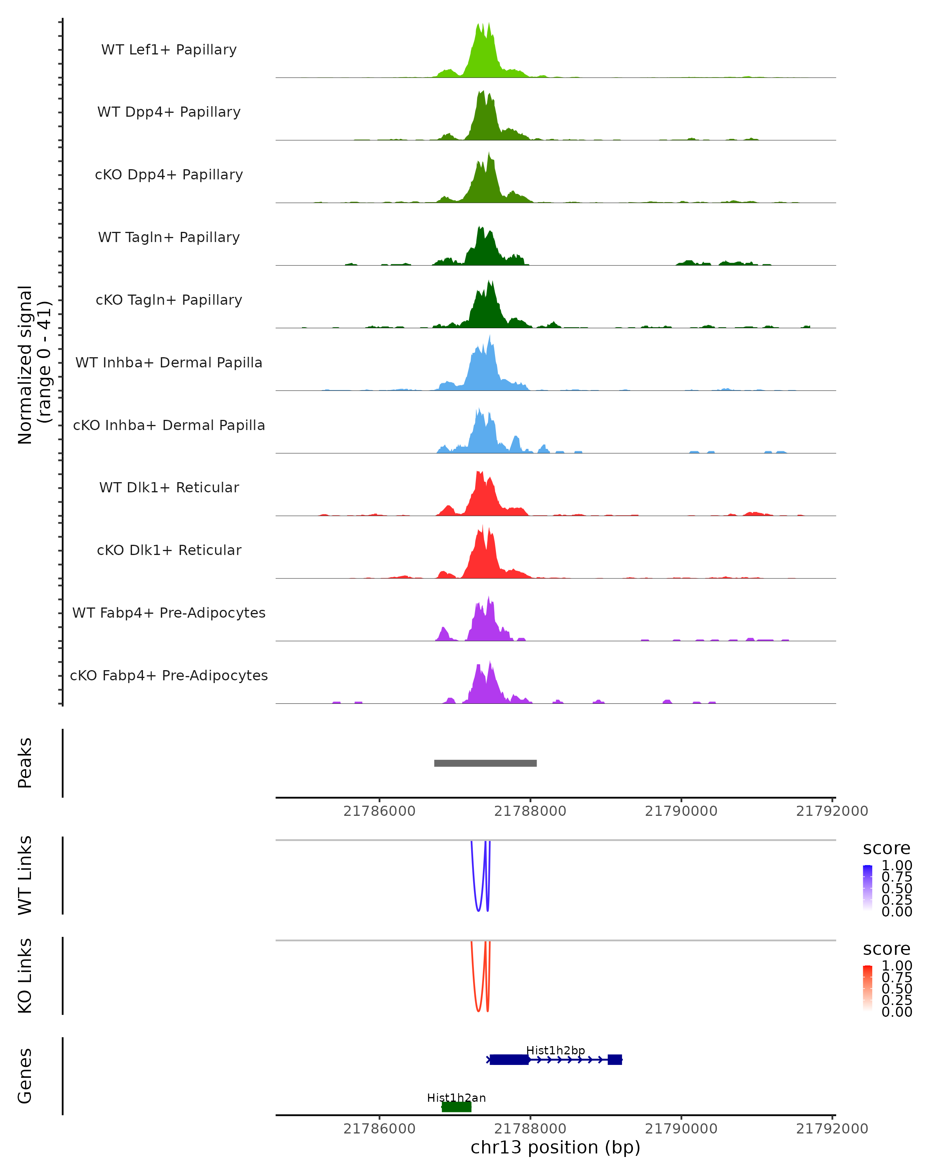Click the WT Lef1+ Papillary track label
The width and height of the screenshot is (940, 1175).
coord(169,50)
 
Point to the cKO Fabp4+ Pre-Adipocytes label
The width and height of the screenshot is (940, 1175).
coord(169,675)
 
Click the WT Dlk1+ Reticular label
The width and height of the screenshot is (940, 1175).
coord(169,487)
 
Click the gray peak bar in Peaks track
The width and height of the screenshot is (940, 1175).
coord(485,763)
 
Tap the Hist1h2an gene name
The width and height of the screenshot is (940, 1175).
coord(456,1097)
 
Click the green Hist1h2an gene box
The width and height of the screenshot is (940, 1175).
coord(456,1107)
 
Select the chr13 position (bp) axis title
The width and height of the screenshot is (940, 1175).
coord(555,1147)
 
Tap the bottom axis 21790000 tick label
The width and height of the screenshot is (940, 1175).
coord(681,1129)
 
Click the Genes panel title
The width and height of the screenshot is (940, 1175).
coord(25,1076)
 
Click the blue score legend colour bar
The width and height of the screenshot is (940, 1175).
coord(868,888)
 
